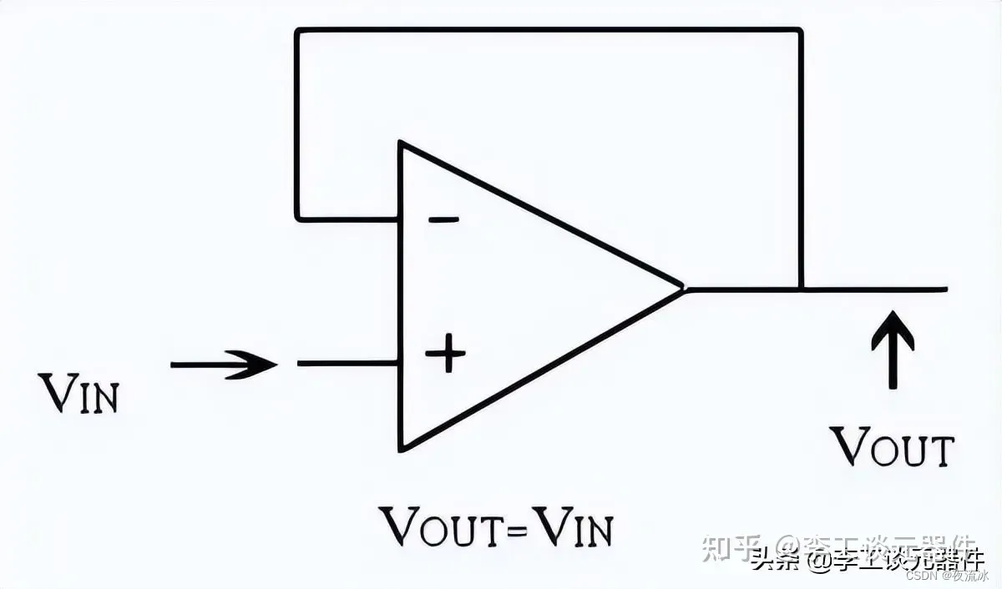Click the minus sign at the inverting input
[x=443, y=220]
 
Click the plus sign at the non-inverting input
[x=445, y=355]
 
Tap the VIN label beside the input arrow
[x=80, y=395]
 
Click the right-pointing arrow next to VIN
[x=224, y=365]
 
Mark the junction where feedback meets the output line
[x=802, y=289]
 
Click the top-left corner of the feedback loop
[x=297, y=31]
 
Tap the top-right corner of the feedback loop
[x=801, y=31]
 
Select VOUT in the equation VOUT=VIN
[x=443, y=526]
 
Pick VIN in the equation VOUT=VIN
[x=574, y=526]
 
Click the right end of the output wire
[x=946, y=289]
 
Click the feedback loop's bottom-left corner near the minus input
[x=297, y=219]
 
